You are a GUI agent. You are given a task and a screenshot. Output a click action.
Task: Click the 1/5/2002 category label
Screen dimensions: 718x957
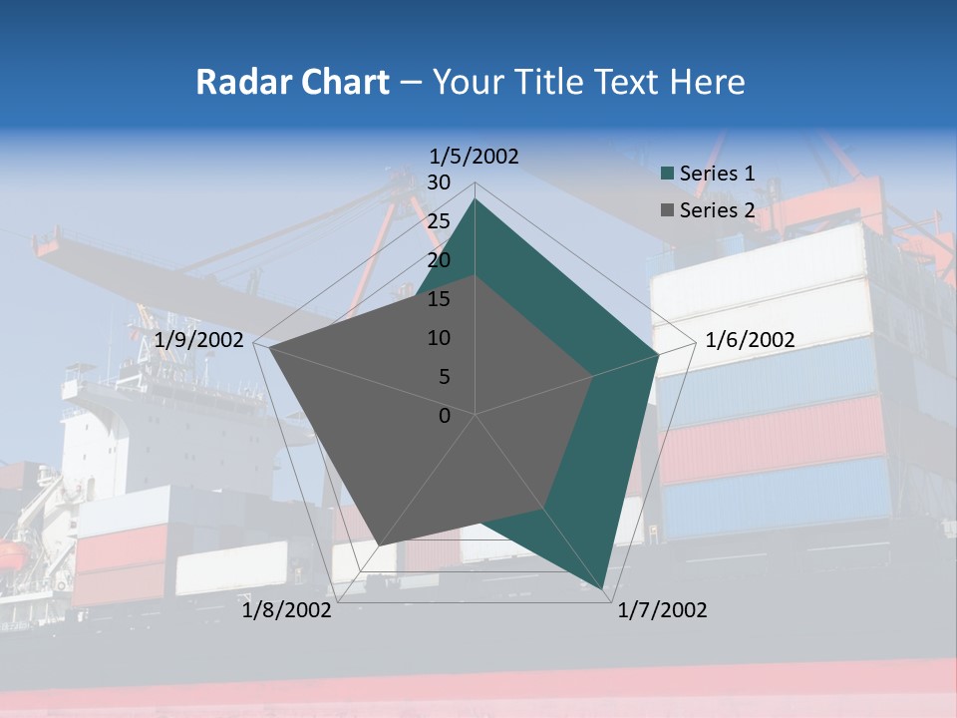point(475,157)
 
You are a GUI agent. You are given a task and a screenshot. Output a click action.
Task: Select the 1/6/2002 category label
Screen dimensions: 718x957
point(750,340)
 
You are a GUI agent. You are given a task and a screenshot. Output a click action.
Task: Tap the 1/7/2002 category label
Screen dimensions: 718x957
point(662,610)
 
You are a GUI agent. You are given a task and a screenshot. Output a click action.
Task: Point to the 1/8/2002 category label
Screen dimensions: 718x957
point(287,610)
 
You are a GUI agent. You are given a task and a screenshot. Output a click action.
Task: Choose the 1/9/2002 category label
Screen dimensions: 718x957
point(199,340)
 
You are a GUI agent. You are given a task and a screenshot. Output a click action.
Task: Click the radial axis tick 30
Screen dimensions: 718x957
point(439,182)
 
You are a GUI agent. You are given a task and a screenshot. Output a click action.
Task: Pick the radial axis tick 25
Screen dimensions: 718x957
point(439,221)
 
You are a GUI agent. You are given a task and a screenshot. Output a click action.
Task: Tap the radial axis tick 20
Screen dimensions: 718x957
point(439,260)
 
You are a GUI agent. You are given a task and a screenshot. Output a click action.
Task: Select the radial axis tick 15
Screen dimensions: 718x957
point(439,299)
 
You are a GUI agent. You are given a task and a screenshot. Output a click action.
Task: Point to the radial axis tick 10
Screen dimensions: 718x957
point(439,338)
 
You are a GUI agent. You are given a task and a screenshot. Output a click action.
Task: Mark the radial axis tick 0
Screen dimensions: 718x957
point(445,416)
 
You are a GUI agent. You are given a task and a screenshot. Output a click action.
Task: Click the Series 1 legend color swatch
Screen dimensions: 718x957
point(668,174)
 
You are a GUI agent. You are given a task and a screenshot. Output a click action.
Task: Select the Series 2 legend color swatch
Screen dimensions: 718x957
point(668,210)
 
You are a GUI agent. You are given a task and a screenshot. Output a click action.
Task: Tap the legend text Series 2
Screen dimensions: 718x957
point(717,210)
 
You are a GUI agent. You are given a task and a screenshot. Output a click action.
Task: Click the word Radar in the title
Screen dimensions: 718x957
point(237,82)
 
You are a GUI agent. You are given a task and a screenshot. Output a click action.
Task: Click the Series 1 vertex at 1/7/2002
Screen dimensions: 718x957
point(603,589)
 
